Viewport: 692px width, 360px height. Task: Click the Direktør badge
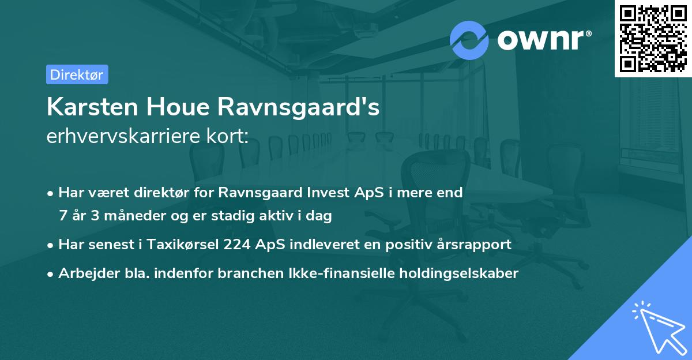(x=77, y=74)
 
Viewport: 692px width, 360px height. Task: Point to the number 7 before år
(x=63, y=216)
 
